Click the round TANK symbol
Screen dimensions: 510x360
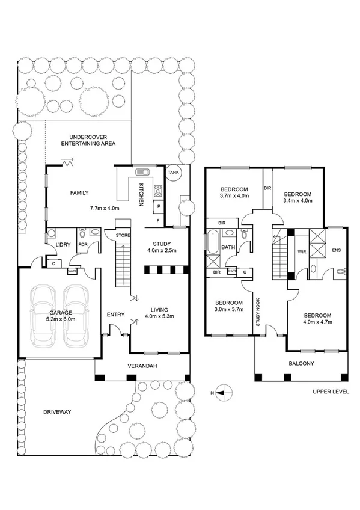pos(173,173)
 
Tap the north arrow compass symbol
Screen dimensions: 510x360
pos(221,393)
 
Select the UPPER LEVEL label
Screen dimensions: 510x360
pos(330,392)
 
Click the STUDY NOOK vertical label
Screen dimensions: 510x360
pos(257,305)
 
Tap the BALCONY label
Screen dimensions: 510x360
pos(302,364)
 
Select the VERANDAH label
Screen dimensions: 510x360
pos(142,366)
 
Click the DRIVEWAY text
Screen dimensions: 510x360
pos(58,412)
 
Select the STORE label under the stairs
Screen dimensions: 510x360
pos(123,235)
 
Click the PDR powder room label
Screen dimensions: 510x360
pos(83,244)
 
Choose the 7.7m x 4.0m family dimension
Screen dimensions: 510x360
pos(105,208)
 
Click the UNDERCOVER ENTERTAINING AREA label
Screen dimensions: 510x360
pos(92,140)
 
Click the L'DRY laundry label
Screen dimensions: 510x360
pos(63,245)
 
